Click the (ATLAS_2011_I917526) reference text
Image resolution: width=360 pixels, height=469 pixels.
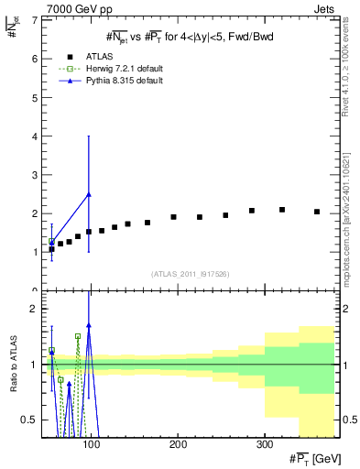click(191, 275)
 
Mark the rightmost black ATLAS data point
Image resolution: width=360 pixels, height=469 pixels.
click(317, 212)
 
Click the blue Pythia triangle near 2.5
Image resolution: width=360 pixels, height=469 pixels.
click(88, 194)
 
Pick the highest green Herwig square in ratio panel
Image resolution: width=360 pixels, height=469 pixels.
click(78, 336)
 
